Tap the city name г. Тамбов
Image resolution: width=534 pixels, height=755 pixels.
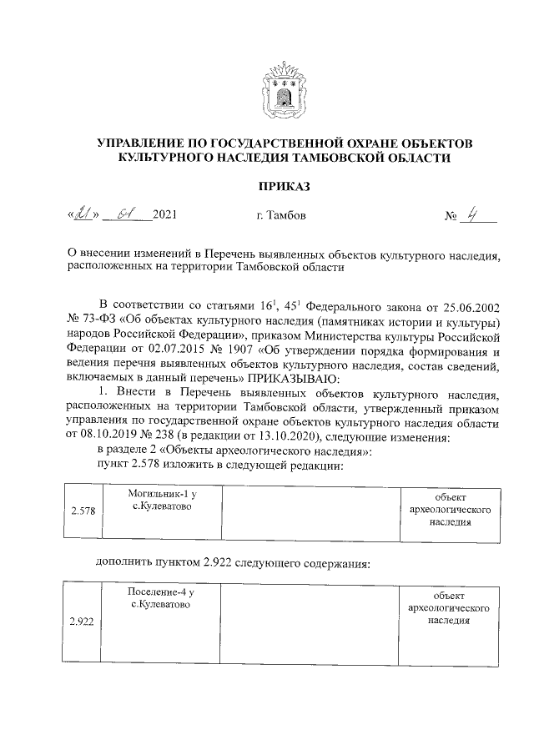tap(281, 217)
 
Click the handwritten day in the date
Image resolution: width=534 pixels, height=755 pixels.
tap(83, 216)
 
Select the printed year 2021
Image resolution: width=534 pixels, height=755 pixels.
tap(164, 217)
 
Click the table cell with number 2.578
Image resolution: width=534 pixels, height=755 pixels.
tap(82, 511)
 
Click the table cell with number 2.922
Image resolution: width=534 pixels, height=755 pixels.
tap(82, 622)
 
